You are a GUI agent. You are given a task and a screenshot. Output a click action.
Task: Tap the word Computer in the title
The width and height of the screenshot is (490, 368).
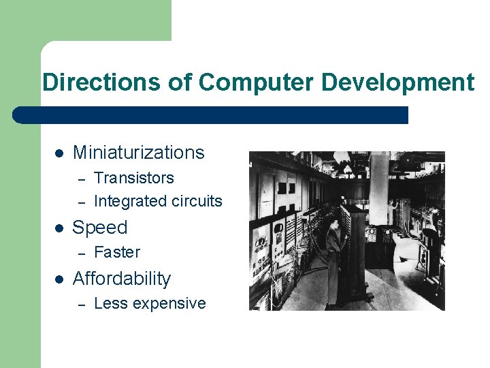click(x=257, y=82)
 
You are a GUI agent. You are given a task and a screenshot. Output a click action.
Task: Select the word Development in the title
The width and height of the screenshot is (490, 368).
click(x=397, y=82)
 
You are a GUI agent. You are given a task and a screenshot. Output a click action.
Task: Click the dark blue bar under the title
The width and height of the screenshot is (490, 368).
click(x=211, y=114)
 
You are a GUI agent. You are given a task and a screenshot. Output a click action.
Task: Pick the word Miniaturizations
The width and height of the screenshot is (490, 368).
click(x=138, y=152)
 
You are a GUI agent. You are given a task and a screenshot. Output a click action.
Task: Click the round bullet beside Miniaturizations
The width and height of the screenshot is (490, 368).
click(x=59, y=153)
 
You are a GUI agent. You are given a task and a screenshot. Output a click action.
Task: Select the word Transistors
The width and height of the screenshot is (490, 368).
click(x=133, y=178)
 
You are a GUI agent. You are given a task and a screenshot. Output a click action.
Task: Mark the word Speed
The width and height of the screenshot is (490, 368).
click(x=99, y=228)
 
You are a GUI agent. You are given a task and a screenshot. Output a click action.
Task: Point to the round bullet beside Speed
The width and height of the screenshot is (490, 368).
click(x=59, y=228)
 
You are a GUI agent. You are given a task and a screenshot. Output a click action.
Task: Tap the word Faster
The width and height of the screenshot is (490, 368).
click(x=117, y=252)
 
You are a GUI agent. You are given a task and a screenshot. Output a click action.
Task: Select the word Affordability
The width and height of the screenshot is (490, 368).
click(x=121, y=278)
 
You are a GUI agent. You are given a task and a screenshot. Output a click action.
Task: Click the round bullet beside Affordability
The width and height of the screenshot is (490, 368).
click(x=59, y=279)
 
